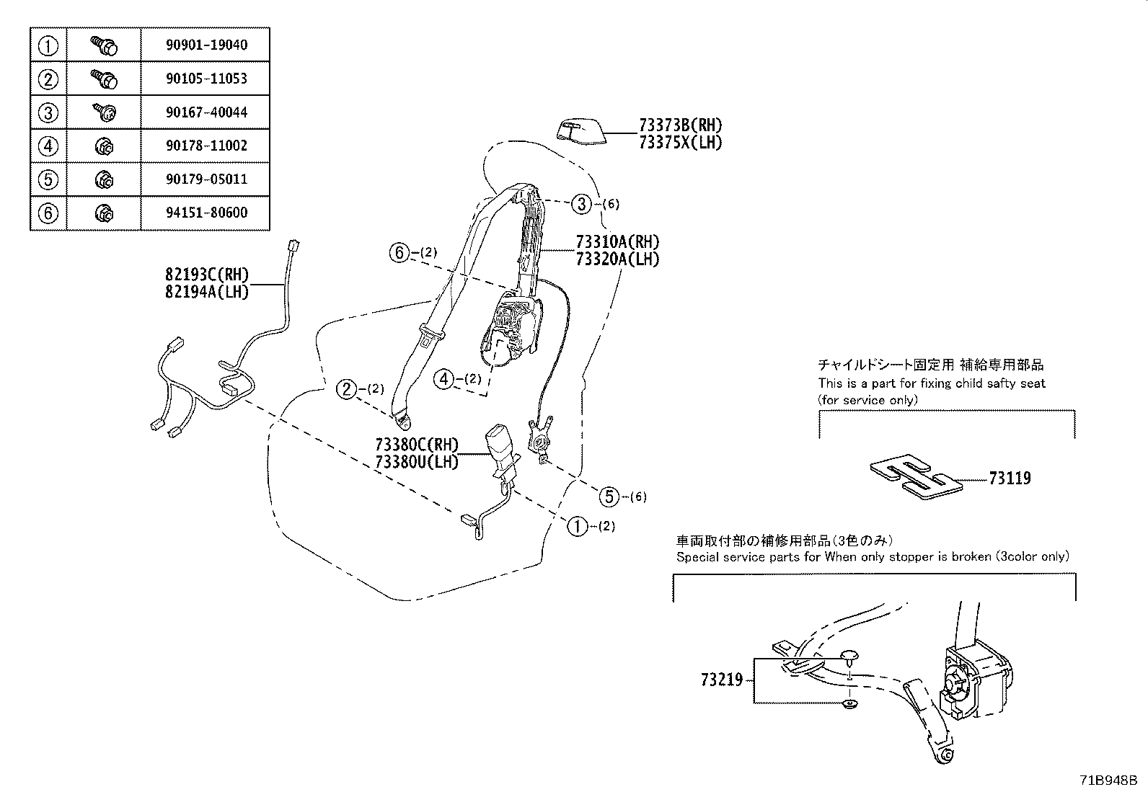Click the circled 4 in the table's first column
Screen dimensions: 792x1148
48,146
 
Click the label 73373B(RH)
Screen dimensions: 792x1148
679,125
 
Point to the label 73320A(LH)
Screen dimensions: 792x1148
617,259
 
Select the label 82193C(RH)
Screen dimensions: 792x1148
206,275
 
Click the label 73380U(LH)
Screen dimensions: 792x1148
417,462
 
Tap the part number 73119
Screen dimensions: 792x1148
1010,479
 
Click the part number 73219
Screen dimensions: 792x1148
721,680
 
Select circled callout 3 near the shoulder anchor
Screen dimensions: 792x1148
581,204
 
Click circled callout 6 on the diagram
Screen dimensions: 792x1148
399,253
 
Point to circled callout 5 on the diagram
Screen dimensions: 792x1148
610,496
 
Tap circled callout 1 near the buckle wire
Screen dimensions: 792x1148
577,526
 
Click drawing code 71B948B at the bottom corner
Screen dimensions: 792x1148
1108,780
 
